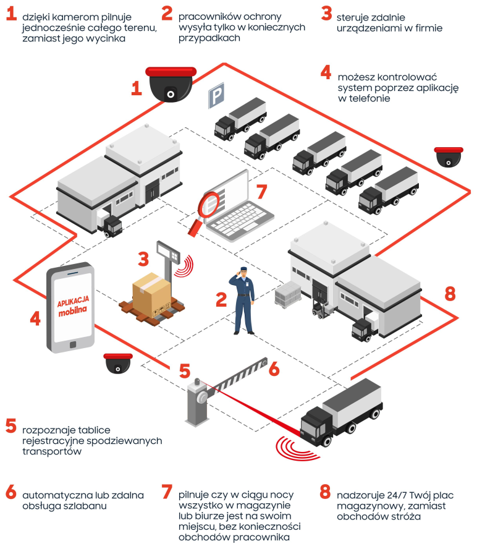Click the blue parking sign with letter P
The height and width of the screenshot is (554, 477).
(215, 96)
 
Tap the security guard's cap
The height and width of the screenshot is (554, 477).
(244, 270)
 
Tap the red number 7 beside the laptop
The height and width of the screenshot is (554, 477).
(261, 191)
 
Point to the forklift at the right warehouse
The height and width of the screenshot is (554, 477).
(319, 308)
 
